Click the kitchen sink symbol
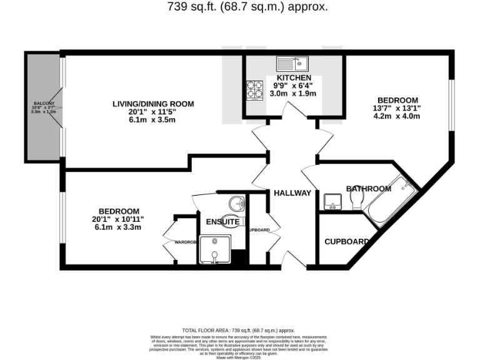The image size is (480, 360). pos(292,63)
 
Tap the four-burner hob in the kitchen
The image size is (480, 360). pos(255,91)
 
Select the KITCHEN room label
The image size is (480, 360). pos(293,77)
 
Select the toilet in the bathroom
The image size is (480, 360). pos(358,199)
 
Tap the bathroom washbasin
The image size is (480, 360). pos(332,201)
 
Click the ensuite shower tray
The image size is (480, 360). pos(215,249)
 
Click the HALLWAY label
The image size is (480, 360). pos(292,193)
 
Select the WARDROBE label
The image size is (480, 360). pos(186,242)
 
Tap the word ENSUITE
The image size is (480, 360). pos(222,222)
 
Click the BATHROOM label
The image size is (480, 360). pos(369,188)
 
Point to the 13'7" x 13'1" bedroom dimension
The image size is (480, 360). pos(397,107)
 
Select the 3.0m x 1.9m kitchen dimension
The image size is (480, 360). pos(293,94)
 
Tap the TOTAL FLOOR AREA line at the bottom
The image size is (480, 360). pos(238,330)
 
